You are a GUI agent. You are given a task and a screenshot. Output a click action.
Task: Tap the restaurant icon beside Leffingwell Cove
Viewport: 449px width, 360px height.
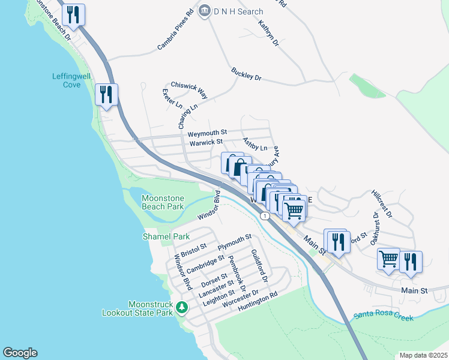106,95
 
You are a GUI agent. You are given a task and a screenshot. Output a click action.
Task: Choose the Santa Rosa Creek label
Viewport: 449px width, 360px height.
383,315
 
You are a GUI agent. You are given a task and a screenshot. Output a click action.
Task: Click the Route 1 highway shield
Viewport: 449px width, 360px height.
264,215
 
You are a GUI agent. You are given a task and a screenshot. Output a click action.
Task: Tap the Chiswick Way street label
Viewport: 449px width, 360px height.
189,90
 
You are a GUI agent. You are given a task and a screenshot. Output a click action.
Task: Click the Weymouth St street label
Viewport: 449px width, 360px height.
207,133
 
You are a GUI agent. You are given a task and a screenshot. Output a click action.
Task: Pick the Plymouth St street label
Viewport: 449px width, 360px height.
234,243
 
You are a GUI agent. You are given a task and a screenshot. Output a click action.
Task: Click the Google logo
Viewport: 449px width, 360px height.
20,353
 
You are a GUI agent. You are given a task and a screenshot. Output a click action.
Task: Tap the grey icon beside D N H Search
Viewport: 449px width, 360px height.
205,10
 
